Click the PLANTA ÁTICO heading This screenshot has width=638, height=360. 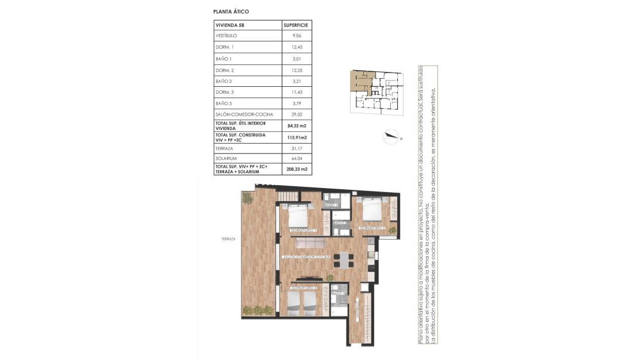click(230, 11)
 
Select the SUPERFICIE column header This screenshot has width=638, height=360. click(296, 25)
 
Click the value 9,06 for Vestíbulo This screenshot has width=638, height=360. click(296, 36)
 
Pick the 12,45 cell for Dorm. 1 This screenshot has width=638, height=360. click(296, 47)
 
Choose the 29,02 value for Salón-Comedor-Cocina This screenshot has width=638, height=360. click(296, 114)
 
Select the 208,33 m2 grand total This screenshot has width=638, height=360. click(297, 169)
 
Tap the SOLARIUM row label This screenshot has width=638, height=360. click(226, 158)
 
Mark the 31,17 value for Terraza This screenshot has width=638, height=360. click(296, 148)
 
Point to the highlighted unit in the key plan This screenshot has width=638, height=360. click(361, 82)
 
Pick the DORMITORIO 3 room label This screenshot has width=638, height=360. click(304, 287)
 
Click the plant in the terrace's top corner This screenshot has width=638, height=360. click(247, 197)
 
